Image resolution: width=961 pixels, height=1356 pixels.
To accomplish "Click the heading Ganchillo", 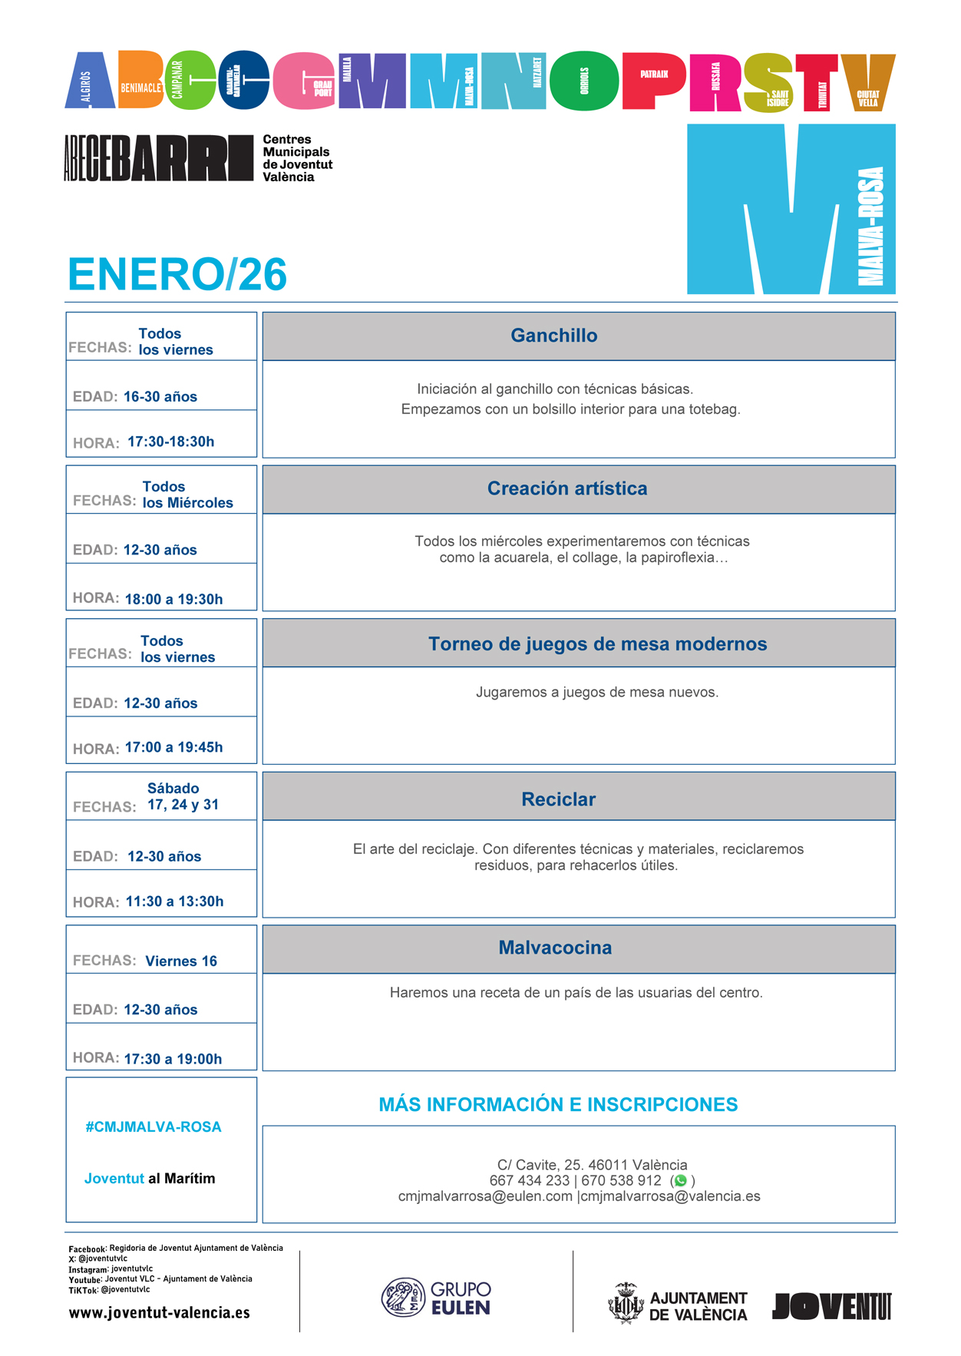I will (x=553, y=336).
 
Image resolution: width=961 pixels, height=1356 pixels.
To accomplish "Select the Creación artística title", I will (x=567, y=488).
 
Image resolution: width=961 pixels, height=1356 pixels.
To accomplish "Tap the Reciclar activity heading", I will (x=558, y=799).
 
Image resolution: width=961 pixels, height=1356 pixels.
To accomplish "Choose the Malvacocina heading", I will (x=555, y=948).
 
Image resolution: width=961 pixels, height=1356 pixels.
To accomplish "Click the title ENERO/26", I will (x=177, y=274).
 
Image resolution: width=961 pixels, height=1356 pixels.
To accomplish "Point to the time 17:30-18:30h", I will (x=170, y=442).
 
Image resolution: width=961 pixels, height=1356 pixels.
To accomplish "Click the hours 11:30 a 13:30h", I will (x=174, y=901).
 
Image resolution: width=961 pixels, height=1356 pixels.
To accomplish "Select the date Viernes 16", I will (x=181, y=961).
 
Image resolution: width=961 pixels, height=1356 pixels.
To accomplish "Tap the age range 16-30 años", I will (x=160, y=396).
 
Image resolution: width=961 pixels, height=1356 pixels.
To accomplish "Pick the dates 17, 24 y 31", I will (x=183, y=805).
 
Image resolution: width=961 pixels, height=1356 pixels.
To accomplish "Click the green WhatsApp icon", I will (x=680, y=1181).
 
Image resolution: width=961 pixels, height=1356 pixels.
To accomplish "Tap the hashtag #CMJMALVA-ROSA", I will (x=154, y=1127).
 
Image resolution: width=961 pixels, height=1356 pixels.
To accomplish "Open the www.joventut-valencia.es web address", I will (x=160, y=1313).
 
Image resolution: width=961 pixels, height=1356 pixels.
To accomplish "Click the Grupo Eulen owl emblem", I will (x=403, y=1298).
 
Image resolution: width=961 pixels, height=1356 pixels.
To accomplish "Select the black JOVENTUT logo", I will (x=831, y=1306).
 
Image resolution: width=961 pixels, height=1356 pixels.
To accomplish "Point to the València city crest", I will (x=626, y=1304).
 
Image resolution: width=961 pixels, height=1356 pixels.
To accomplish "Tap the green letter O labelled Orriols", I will (x=585, y=81).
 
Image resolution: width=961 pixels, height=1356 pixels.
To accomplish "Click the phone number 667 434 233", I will (x=529, y=1181).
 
